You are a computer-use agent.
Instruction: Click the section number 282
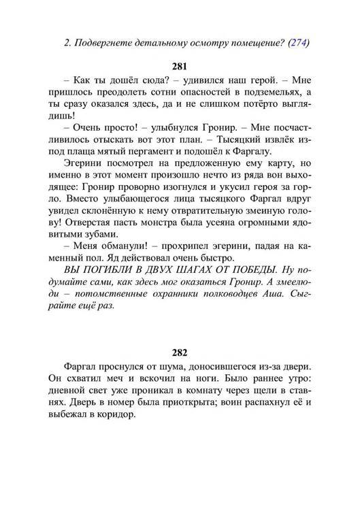[x=180, y=353]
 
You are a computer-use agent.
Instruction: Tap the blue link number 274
[x=297, y=42]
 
